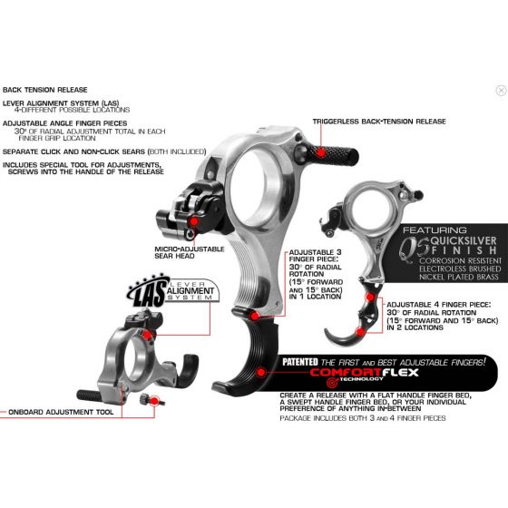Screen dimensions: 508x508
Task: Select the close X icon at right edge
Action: (x=501, y=91)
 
